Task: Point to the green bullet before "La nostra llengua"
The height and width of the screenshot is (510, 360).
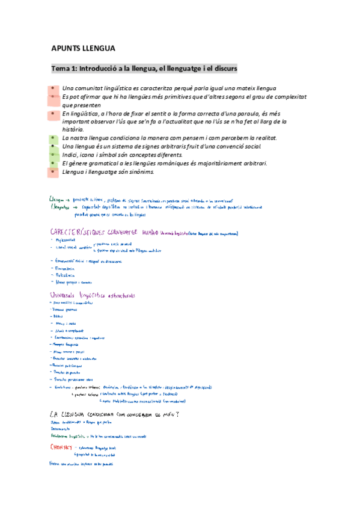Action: [52, 138]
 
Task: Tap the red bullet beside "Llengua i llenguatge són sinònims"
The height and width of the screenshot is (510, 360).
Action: [52, 171]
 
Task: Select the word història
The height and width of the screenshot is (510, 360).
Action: [73, 129]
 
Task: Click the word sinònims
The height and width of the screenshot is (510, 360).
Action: [139, 171]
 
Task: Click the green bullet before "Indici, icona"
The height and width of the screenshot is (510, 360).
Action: [52, 155]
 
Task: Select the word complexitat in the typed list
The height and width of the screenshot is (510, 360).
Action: [261, 96]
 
